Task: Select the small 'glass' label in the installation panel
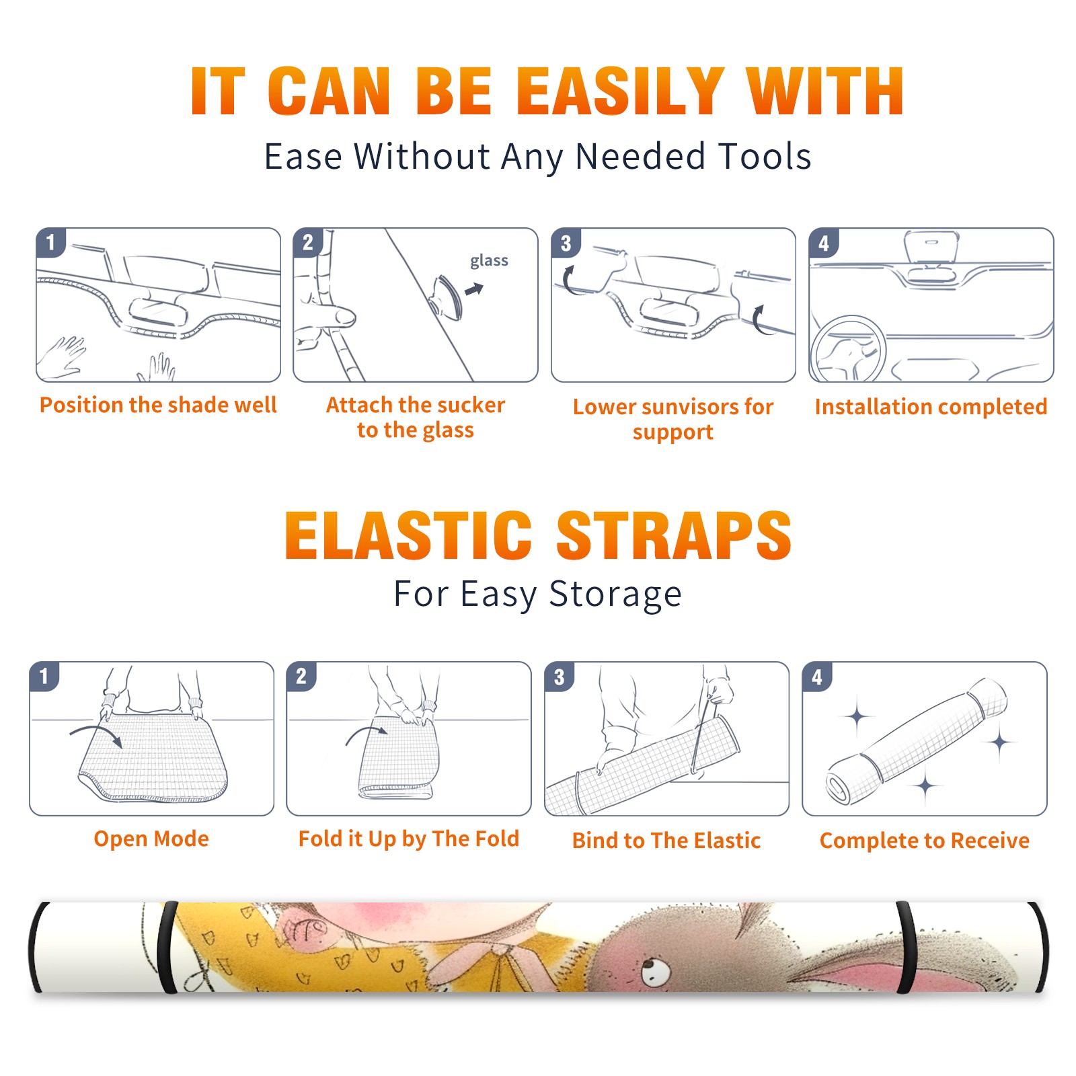pyautogui.click(x=489, y=261)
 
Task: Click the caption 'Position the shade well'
pyautogui.click(x=158, y=405)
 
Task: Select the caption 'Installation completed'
pyautogui.click(x=931, y=407)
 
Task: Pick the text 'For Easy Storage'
pyautogui.click(x=538, y=594)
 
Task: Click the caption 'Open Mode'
pyautogui.click(x=151, y=839)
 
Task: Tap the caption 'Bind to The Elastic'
pyautogui.click(x=666, y=841)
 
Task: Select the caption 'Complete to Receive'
pyautogui.click(x=925, y=841)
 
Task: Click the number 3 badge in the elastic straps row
pyautogui.click(x=560, y=677)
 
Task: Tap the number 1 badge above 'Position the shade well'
pyautogui.click(x=51, y=242)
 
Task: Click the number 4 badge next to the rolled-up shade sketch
pyautogui.click(x=817, y=677)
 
